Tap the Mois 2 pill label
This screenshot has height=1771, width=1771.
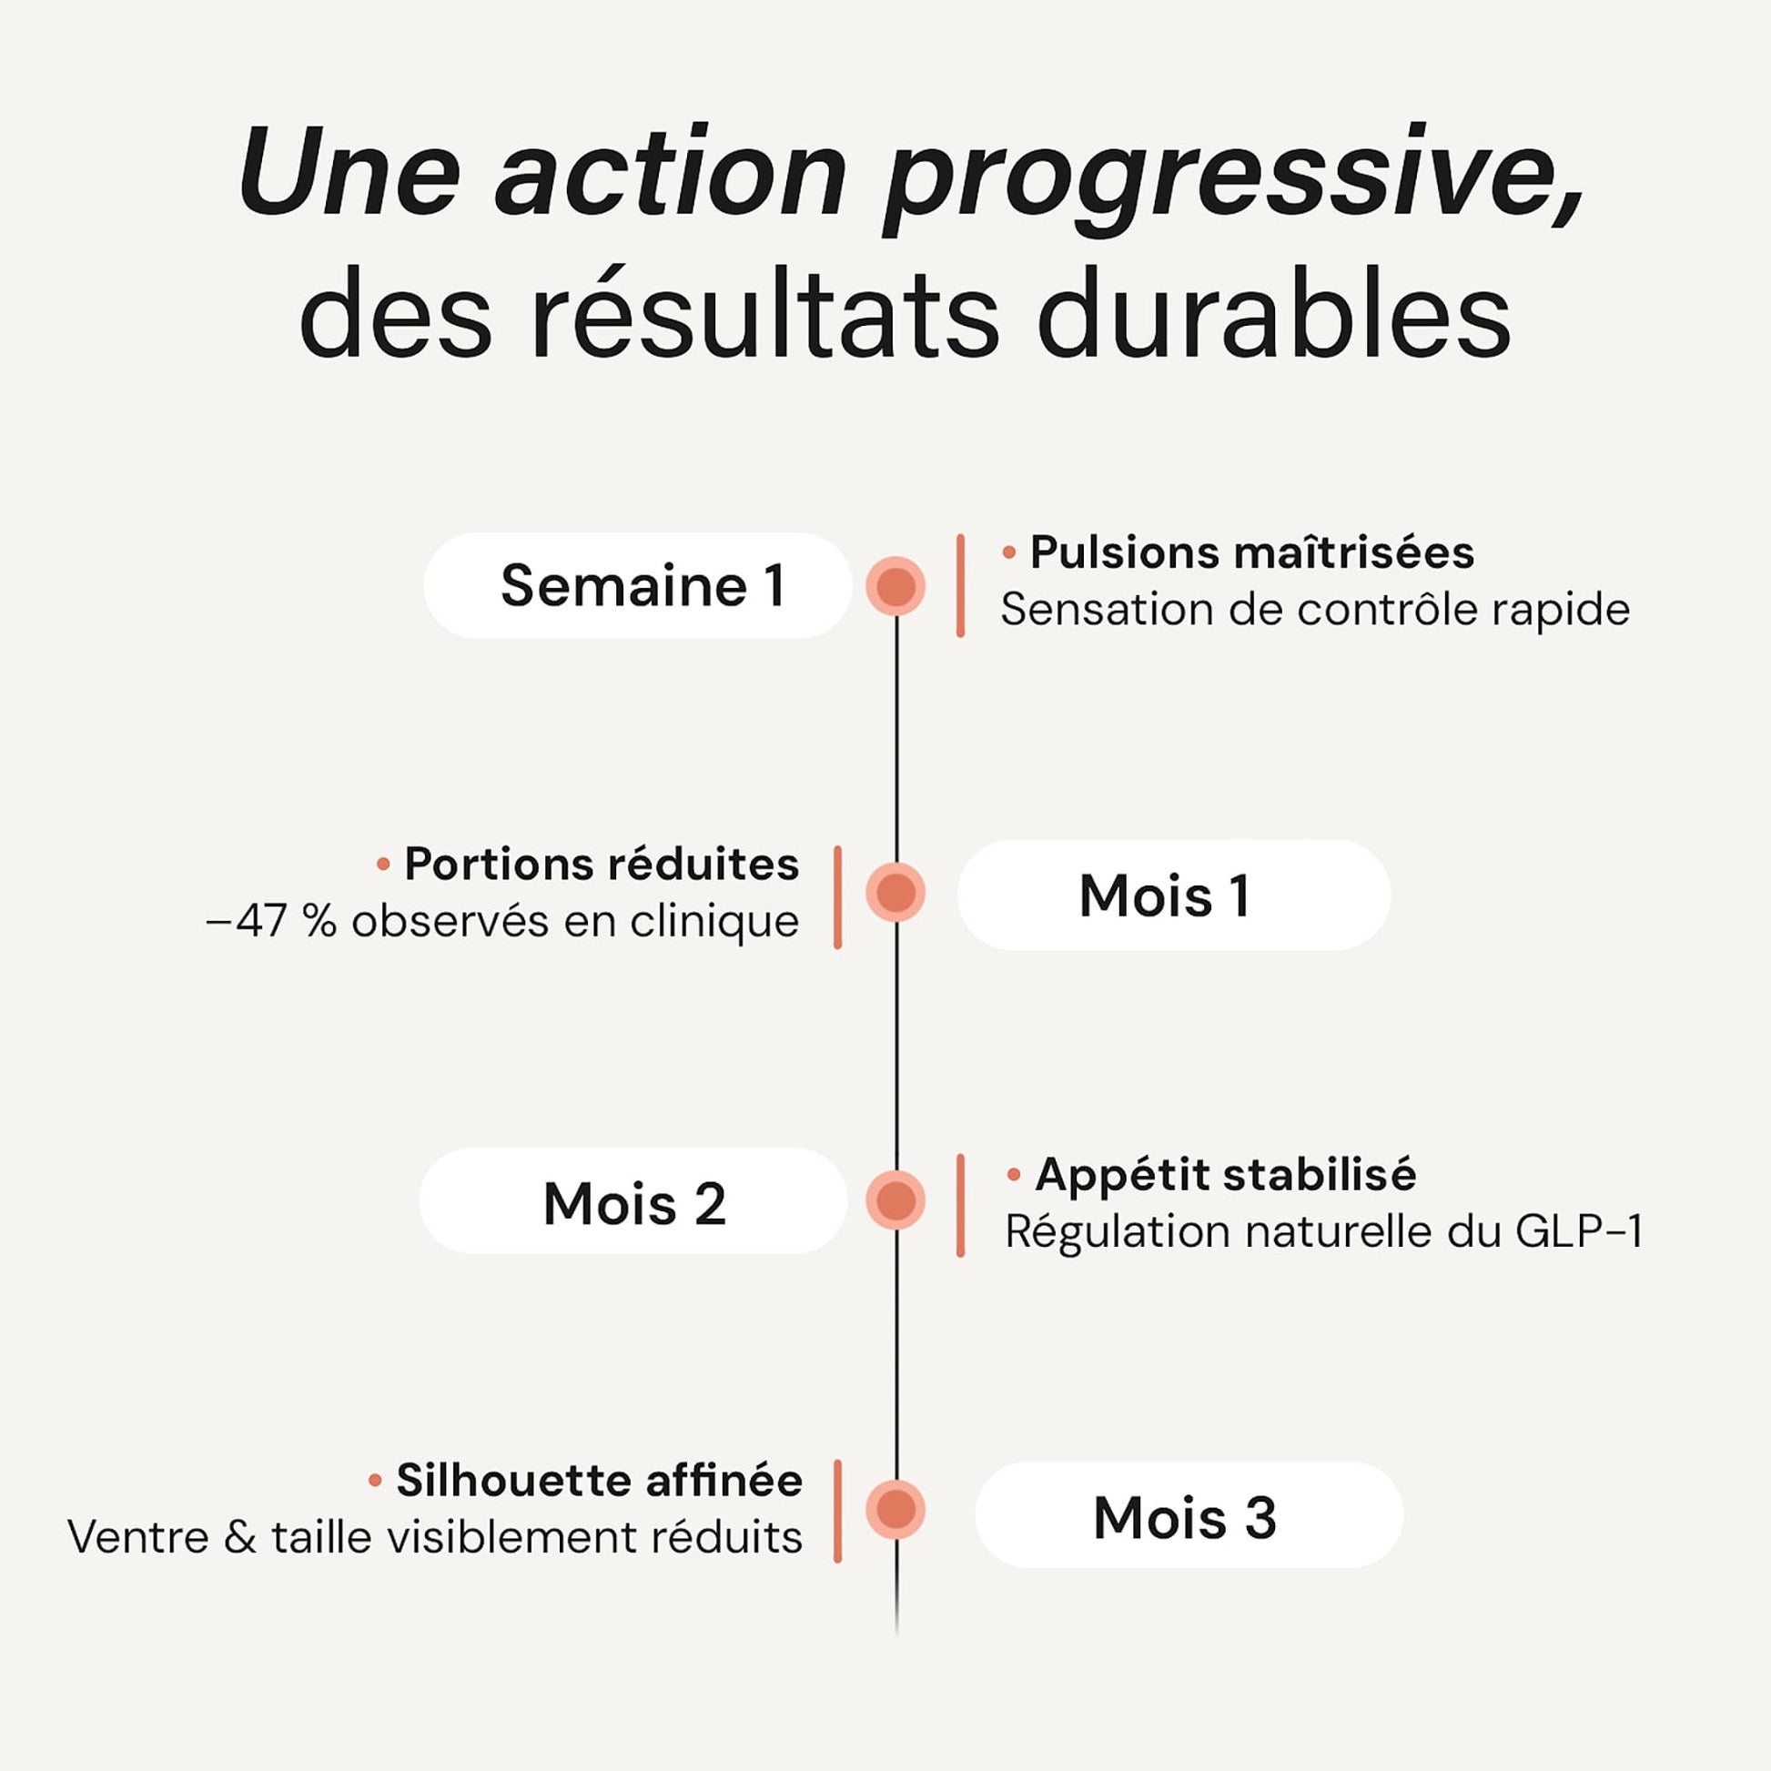pyautogui.click(x=633, y=1203)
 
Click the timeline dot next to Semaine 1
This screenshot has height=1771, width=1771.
pyautogui.click(x=896, y=587)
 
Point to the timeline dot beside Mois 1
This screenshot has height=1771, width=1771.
pyautogui.click(x=896, y=893)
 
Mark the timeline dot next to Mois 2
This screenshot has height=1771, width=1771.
pyautogui.click(x=896, y=1200)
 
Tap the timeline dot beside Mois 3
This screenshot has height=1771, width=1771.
pyautogui.click(x=896, y=1509)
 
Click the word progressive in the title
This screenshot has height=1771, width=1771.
pyautogui.click(x=1234, y=179)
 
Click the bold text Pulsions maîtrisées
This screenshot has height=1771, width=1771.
pyautogui.click(x=1252, y=552)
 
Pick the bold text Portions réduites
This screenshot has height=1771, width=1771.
pyautogui.click(x=602, y=865)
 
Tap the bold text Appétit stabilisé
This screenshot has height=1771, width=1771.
pyautogui.click(x=1226, y=1174)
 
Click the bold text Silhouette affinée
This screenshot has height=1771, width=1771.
pyautogui.click(x=600, y=1481)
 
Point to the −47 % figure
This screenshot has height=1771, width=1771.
pyautogui.click(x=272, y=921)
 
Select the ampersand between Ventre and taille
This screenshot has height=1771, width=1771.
pyautogui.click(x=240, y=1537)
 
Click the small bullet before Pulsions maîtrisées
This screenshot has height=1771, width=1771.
pyautogui.click(x=1009, y=552)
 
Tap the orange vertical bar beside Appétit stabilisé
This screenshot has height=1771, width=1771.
pyautogui.click(x=960, y=1206)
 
